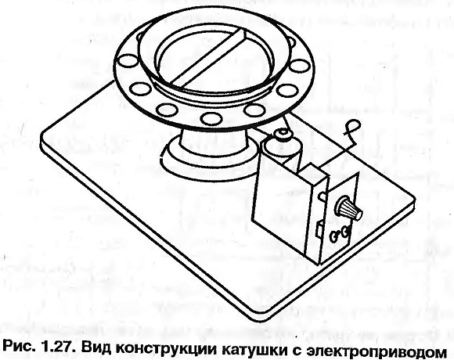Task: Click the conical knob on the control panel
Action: click(348, 208)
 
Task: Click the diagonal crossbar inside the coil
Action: click(209, 57)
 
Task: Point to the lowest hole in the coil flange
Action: click(211, 118)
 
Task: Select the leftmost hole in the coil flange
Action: click(127, 61)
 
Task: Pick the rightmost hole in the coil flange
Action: click(300, 66)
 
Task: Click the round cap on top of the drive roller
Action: click(283, 135)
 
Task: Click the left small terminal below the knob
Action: click(335, 236)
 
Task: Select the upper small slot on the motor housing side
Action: click(322, 196)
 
